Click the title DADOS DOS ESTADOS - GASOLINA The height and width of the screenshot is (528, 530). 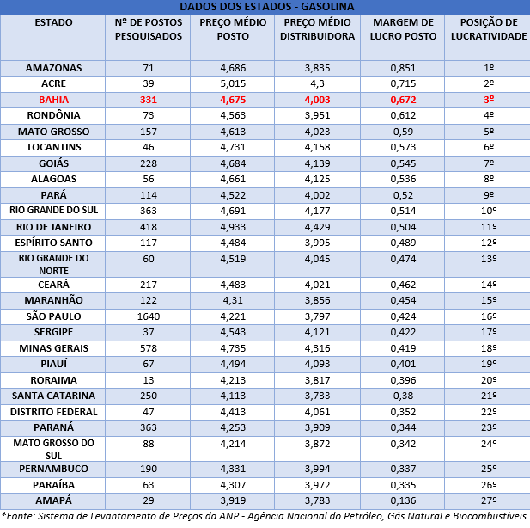[x=266, y=6]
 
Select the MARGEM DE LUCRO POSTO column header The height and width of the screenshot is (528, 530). [x=403, y=29]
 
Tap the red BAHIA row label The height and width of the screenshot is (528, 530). [x=53, y=100]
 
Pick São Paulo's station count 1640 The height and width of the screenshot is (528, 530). [x=149, y=316]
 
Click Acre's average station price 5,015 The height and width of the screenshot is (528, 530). [x=233, y=83]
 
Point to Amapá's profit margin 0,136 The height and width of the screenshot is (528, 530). [x=403, y=500]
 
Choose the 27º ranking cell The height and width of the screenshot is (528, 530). [x=489, y=500]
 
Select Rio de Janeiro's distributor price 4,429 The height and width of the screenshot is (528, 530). [x=317, y=227]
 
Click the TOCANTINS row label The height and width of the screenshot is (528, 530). [x=53, y=147]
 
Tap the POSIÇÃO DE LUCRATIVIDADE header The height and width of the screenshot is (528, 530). [x=489, y=29]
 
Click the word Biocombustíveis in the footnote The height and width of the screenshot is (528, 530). [x=490, y=516]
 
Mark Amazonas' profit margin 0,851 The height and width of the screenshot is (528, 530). [x=403, y=68]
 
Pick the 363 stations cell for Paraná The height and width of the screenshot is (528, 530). [x=149, y=427]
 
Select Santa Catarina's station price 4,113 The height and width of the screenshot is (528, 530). [x=233, y=396]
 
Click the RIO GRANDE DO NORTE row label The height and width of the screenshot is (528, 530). [x=53, y=264]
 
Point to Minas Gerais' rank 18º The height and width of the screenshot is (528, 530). [x=489, y=348]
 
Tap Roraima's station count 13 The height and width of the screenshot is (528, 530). [x=149, y=380]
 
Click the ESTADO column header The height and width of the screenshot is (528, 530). [x=53, y=22]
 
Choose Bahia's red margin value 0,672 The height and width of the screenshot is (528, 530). [x=403, y=100]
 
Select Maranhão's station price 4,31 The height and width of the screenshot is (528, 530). [x=233, y=300]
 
